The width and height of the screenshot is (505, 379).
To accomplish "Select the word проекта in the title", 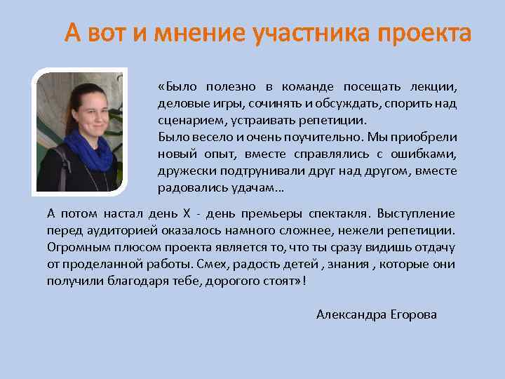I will point(424,33).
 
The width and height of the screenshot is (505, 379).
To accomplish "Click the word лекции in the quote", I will point(435,87).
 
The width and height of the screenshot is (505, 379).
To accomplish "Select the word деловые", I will point(179,104).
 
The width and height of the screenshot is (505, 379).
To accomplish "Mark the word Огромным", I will point(75,247).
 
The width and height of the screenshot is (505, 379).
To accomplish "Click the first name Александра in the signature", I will point(349,314).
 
